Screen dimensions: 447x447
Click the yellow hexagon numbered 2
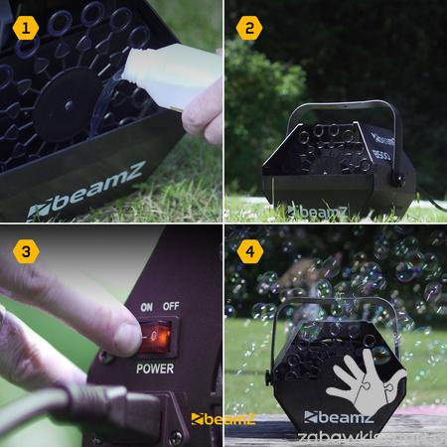(x=250, y=27)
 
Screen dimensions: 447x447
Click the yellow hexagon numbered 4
(x=250, y=251)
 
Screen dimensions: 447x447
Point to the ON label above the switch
(x=146, y=308)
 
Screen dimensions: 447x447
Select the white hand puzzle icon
(x=366, y=383)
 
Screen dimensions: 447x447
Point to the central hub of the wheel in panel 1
(x=67, y=102)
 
